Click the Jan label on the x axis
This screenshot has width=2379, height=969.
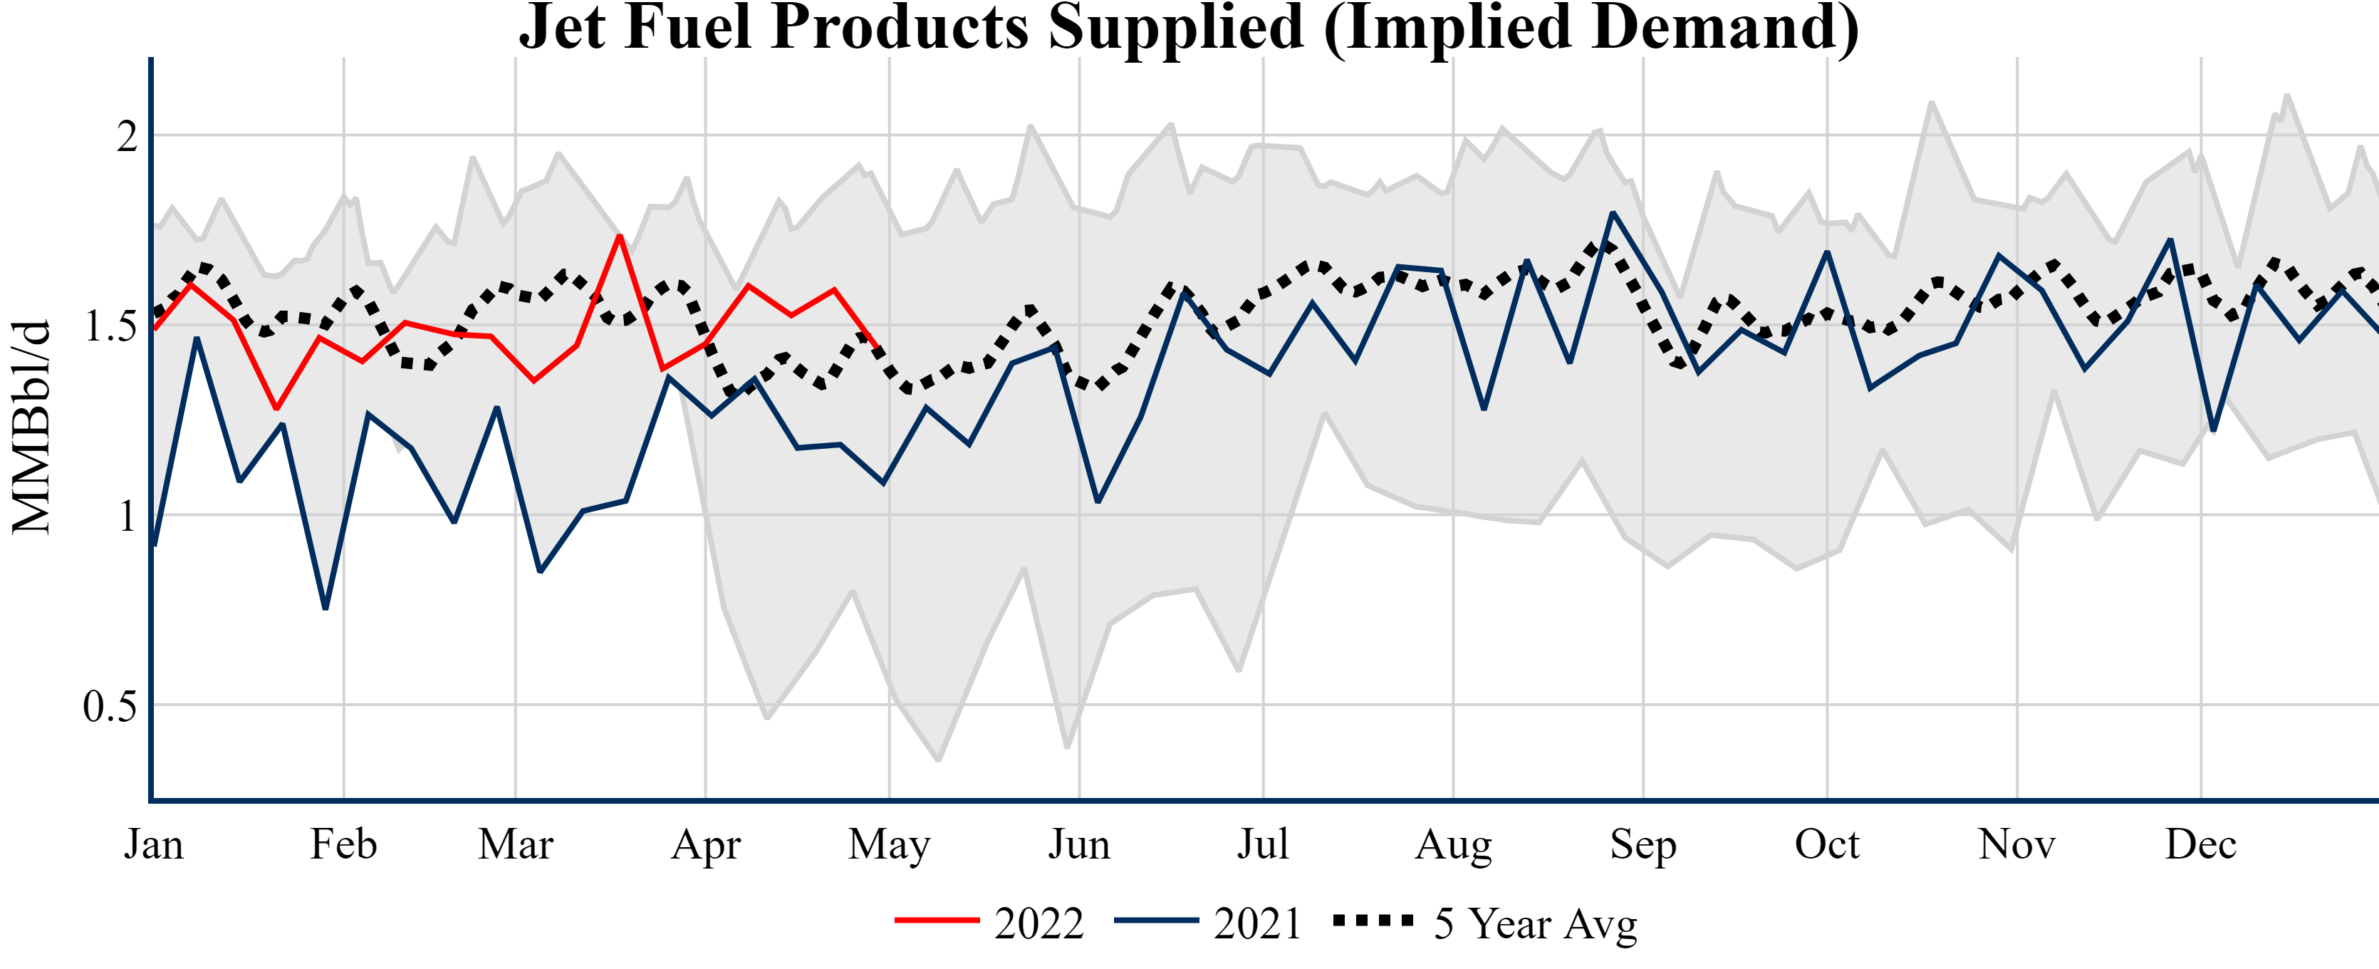[x=153, y=844]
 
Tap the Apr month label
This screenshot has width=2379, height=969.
[x=706, y=844]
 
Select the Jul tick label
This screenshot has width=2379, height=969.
[x=1262, y=844]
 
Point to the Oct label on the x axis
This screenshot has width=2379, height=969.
[x=1827, y=844]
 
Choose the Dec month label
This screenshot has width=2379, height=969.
[x=2201, y=844]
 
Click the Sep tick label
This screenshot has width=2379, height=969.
[x=1643, y=844]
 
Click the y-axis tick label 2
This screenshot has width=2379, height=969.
[x=127, y=137]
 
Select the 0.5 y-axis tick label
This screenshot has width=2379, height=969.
[x=109, y=707]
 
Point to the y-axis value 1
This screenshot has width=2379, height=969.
[x=127, y=517]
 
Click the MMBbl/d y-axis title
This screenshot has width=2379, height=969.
[x=31, y=427]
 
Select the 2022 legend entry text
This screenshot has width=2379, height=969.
[x=1039, y=923]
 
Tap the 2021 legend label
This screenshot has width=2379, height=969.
[x=1257, y=923]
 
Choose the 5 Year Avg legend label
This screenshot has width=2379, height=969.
[x=1535, y=923]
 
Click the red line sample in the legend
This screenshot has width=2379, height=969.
[x=937, y=920]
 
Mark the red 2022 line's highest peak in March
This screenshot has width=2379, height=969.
[x=620, y=236]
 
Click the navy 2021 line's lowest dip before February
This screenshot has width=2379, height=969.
[x=325, y=608]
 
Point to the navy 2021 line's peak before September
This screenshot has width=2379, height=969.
[x=1613, y=212]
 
